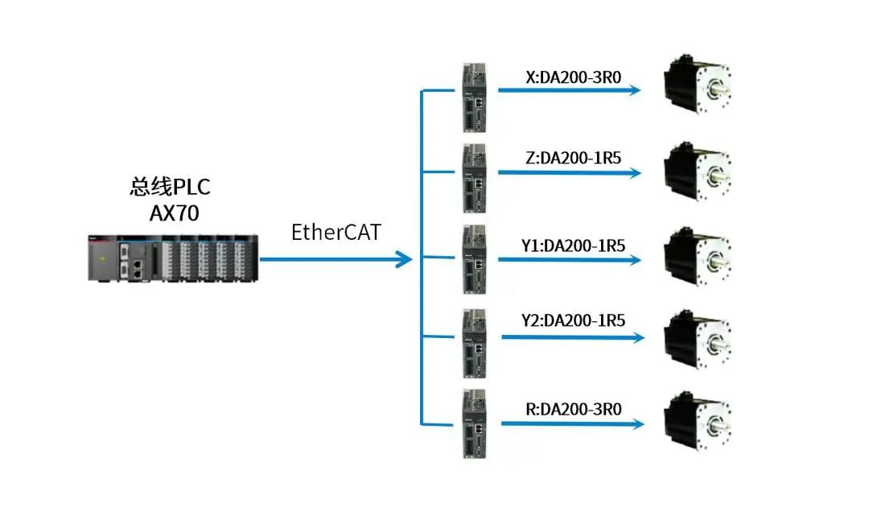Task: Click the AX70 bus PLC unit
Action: [x=173, y=257]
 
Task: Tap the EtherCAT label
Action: [x=336, y=233]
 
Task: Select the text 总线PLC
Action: [x=170, y=187]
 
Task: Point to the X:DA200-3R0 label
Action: [x=573, y=77]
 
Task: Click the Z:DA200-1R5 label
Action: [x=573, y=159]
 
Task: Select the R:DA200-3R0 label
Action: [x=573, y=409]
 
